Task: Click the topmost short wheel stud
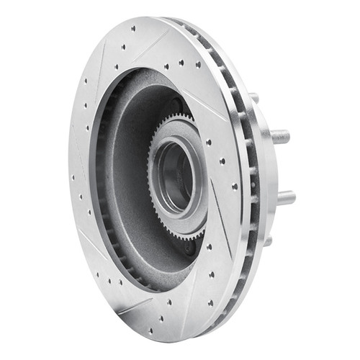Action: [x=254, y=96]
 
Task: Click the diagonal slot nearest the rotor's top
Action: [x=154, y=42]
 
